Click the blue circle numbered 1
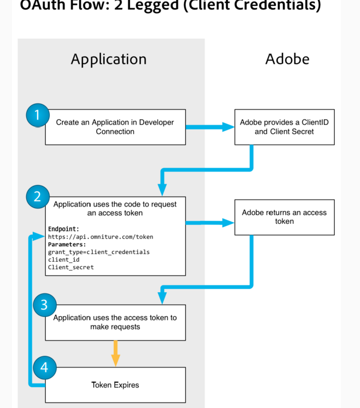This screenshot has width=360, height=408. pyautogui.click(x=37, y=115)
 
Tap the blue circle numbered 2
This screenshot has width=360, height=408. pyautogui.click(x=37, y=197)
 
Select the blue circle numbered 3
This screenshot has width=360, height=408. pyautogui.click(x=44, y=305)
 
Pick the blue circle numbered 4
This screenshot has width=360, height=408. pyautogui.click(x=44, y=368)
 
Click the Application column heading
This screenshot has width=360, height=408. pyautogui.click(x=109, y=59)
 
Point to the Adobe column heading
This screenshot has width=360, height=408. pyautogui.click(x=287, y=59)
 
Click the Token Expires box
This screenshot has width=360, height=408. pyautogui.click(x=115, y=385)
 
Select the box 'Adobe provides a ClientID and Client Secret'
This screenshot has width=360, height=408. pyautogui.click(x=284, y=127)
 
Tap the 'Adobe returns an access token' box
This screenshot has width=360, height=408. pyautogui.click(x=284, y=217)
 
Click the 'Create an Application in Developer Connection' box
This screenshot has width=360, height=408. pyautogui.click(x=115, y=127)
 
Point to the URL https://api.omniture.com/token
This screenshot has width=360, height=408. pyautogui.click(x=101, y=237)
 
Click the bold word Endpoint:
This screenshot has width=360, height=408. pyautogui.click(x=63, y=229)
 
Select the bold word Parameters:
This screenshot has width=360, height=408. pyautogui.click(x=67, y=245)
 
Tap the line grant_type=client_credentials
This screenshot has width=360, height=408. pyautogui.click(x=98, y=252)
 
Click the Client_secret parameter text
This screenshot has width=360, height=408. pyautogui.click(x=70, y=268)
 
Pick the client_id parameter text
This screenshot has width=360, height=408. pyautogui.click(x=63, y=260)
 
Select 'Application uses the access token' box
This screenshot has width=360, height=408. pyautogui.click(x=115, y=322)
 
